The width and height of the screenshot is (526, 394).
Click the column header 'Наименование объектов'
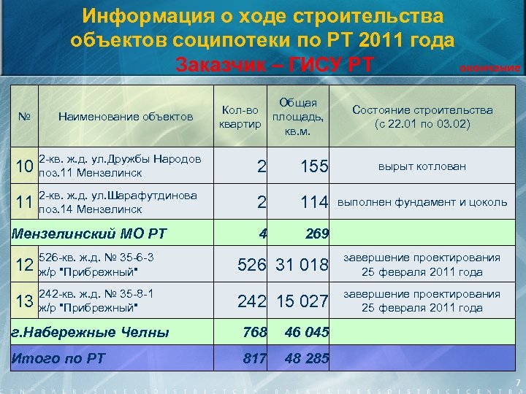pyautogui.click(x=125, y=116)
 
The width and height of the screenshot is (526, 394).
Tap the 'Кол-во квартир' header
pyautogui.click(x=240, y=116)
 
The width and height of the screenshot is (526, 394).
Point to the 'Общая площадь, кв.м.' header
pyautogui.click(x=299, y=116)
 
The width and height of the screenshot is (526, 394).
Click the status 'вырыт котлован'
pyautogui.click(x=422, y=166)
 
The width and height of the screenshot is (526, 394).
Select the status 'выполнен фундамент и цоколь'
pyautogui.click(x=422, y=202)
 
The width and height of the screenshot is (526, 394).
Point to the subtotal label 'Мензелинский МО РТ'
pyautogui.click(x=88, y=234)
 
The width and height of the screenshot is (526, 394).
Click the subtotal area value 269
pyautogui.click(x=316, y=235)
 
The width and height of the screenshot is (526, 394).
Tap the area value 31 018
pyautogui.click(x=302, y=265)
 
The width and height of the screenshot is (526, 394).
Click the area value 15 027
pyautogui.click(x=302, y=301)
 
